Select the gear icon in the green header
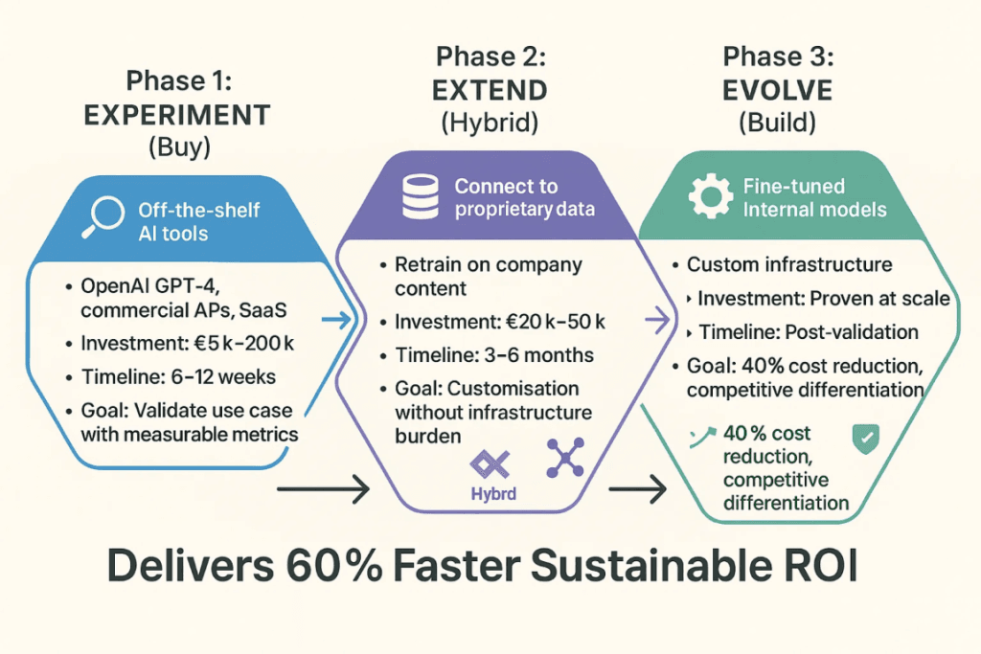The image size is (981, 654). (x=711, y=195)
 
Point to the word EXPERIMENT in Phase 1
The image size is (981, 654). (x=176, y=115)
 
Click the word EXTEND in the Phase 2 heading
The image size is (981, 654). (x=490, y=90)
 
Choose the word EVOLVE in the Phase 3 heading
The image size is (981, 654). (x=777, y=90)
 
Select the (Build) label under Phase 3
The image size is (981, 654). (x=777, y=123)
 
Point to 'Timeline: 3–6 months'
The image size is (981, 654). (x=493, y=355)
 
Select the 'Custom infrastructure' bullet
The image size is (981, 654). (x=788, y=265)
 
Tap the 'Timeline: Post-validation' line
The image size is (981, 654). (x=808, y=332)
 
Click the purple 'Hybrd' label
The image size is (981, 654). (x=494, y=496)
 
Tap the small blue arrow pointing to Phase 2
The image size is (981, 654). (x=337, y=322)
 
